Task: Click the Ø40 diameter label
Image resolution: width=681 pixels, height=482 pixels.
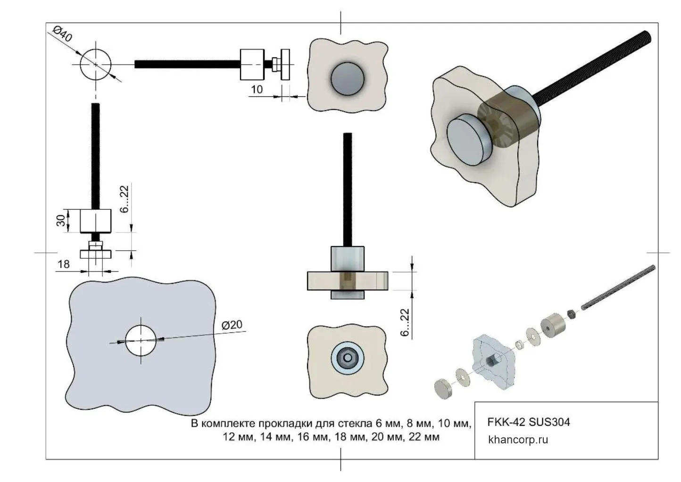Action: pyautogui.click(x=63, y=35)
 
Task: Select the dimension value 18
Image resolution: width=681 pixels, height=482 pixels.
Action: pyautogui.click(x=63, y=264)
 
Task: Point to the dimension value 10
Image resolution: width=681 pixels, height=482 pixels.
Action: pyautogui.click(x=257, y=89)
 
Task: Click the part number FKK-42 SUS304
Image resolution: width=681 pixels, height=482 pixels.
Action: pyautogui.click(x=528, y=422)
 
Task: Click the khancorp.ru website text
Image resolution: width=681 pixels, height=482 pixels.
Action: pyautogui.click(x=518, y=440)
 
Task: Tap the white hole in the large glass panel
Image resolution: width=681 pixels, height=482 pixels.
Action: pyautogui.click(x=141, y=340)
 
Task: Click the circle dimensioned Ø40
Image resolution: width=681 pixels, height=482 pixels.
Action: pyautogui.click(x=95, y=64)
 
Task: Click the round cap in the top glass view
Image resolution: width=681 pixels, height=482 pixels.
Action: pyautogui.click(x=348, y=77)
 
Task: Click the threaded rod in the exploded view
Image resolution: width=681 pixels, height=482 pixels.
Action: pyautogui.click(x=618, y=288)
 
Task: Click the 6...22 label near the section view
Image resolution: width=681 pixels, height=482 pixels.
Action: pyautogui.click(x=405, y=322)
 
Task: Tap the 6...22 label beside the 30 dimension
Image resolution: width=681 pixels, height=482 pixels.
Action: pyautogui.click(x=125, y=199)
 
